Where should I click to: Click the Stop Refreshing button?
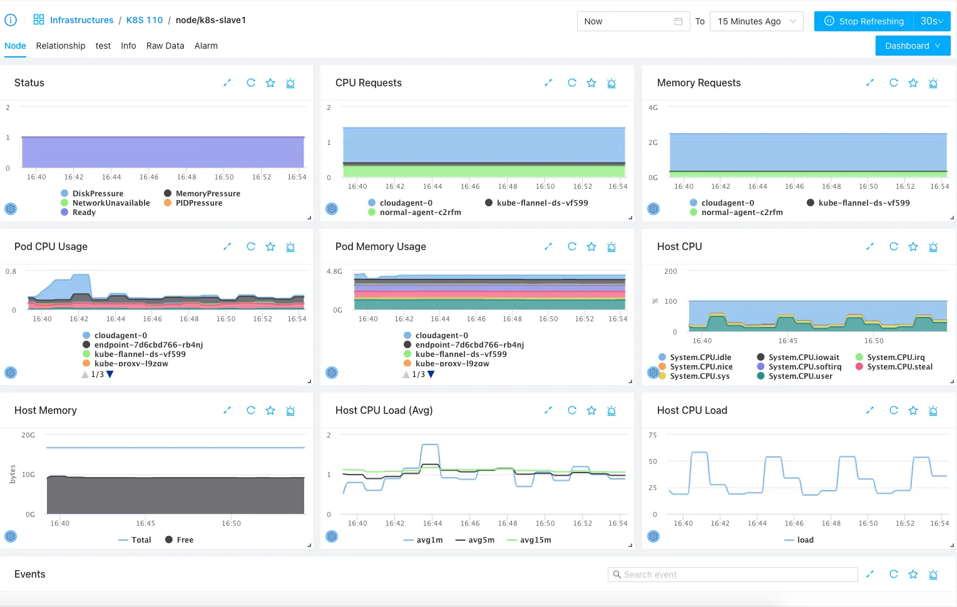(864, 21)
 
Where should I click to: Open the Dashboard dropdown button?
(913, 46)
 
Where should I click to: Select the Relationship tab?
(61, 46)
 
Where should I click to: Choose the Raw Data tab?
(165, 46)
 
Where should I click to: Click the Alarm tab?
(206, 46)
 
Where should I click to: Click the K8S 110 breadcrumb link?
(145, 20)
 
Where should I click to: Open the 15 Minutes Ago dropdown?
(756, 21)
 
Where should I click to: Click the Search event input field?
(732, 574)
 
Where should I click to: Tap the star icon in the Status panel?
(270, 83)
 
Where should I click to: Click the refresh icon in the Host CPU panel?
(893, 246)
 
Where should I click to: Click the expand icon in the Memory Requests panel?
(870, 83)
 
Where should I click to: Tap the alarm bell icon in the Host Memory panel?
(290, 410)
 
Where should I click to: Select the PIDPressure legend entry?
(193, 203)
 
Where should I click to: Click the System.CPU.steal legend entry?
(894, 366)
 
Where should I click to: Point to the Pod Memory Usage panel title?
(381, 246)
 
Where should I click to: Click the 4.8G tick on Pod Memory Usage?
(334, 271)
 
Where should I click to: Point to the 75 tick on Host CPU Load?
(652, 435)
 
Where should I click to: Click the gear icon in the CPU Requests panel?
(332, 209)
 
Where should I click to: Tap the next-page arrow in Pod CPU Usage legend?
(110, 374)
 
